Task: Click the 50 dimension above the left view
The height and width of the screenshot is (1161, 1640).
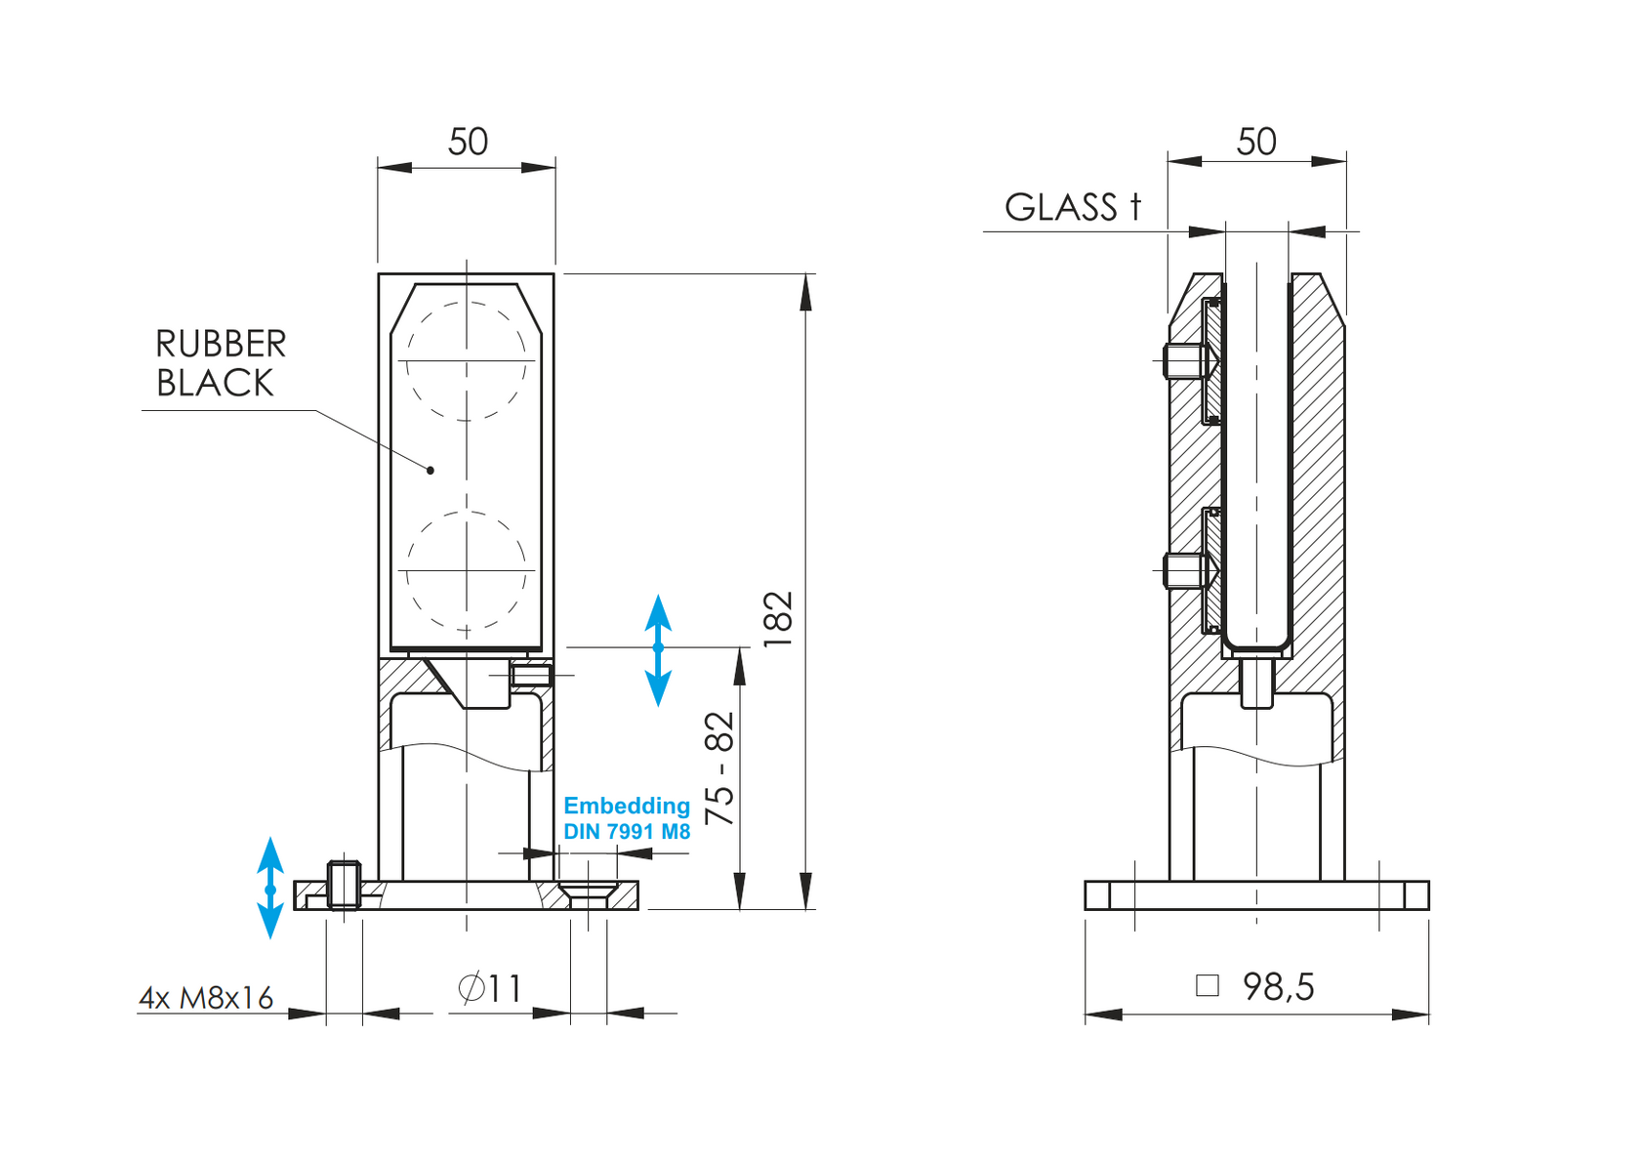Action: coord(468,143)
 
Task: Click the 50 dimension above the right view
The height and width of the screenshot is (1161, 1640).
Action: coord(1255,143)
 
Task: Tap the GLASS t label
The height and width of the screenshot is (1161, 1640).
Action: coord(1072,207)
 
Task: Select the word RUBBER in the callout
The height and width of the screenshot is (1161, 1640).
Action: coord(221,345)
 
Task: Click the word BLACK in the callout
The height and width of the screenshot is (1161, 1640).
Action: coord(215,384)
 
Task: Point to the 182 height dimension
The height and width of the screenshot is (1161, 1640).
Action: coord(778,619)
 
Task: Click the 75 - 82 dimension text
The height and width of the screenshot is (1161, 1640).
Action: coord(719,768)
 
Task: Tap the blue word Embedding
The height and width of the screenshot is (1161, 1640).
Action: coord(627,806)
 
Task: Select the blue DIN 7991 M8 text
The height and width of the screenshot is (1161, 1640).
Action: coord(627,832)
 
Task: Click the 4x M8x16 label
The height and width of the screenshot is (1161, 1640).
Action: coord(206,998)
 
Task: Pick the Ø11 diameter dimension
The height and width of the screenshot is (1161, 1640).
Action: coord(489,988)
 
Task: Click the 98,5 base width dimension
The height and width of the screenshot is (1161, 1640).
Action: coord(1278,987)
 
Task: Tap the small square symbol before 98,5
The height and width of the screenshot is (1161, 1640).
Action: coord(1208,985)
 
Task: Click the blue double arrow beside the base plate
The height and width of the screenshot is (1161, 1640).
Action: coord(270,888)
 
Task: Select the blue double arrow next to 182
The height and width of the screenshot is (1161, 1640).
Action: coord(658,649)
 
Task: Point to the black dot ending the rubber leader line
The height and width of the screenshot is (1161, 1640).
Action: coord(430,471)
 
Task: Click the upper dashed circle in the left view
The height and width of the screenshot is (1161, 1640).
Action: coord(466,361)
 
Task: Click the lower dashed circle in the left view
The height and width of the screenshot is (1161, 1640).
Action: coord(466,570)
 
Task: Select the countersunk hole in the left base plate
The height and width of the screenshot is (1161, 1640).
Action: coord(589,891)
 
